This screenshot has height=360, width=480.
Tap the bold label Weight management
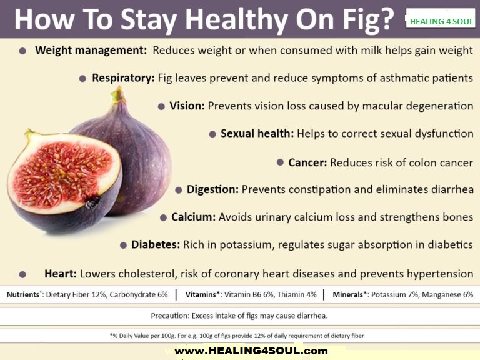[x=91, y=51]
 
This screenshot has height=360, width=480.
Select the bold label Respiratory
[x=123, y=78]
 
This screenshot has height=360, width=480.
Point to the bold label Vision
[x=187, y=106]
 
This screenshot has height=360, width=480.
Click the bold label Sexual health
[x=257, y=134]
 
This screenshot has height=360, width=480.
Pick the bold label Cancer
[x=307, y=162]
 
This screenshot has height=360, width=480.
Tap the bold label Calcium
[x=194, y=217]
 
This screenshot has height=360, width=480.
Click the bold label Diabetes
[x=156, y=245]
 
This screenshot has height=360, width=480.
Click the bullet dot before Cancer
[x=280, y=162]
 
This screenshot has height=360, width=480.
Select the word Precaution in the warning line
[x=172, y=315]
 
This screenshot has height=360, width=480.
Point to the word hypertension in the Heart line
[x=441, y=274]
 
